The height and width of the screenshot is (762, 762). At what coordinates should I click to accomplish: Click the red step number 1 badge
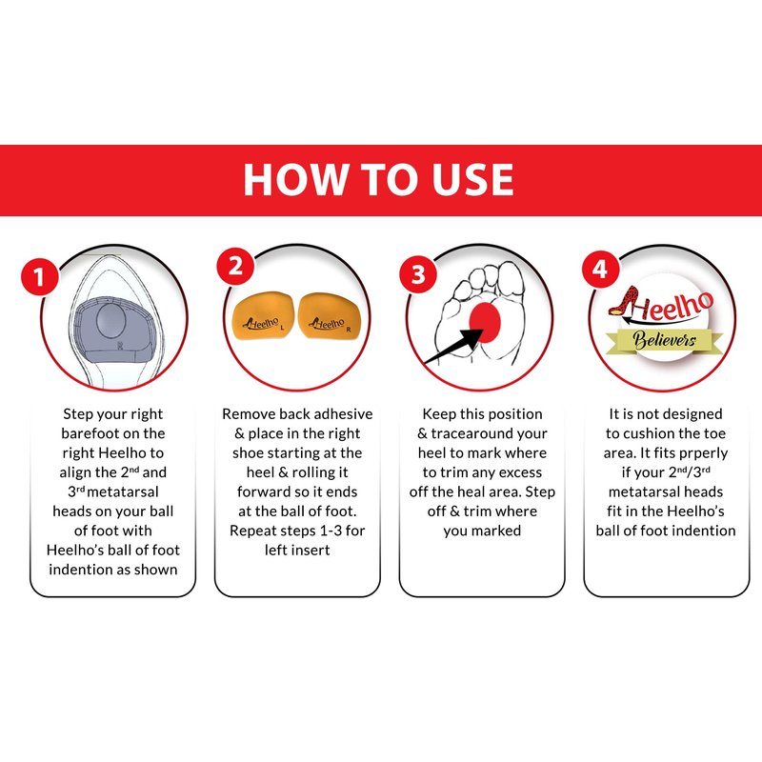point(39,276)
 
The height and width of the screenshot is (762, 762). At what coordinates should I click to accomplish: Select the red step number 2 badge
point(235,267)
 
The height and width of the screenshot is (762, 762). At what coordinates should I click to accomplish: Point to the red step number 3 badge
point(418,274)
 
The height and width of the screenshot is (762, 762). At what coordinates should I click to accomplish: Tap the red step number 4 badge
point(601,270)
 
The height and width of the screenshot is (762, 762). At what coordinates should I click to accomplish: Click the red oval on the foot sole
point(485,322)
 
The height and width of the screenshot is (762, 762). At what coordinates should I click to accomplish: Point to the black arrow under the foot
point(453,346)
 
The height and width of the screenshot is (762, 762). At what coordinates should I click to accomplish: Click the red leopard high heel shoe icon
point(624,301)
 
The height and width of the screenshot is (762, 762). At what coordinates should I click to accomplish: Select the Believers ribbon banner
point(664,340)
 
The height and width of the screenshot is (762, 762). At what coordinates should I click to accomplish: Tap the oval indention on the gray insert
point(111,321)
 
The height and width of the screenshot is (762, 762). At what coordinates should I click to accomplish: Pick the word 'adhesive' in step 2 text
point(343,414)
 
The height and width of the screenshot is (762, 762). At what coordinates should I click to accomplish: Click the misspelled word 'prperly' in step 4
point(703,454)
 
